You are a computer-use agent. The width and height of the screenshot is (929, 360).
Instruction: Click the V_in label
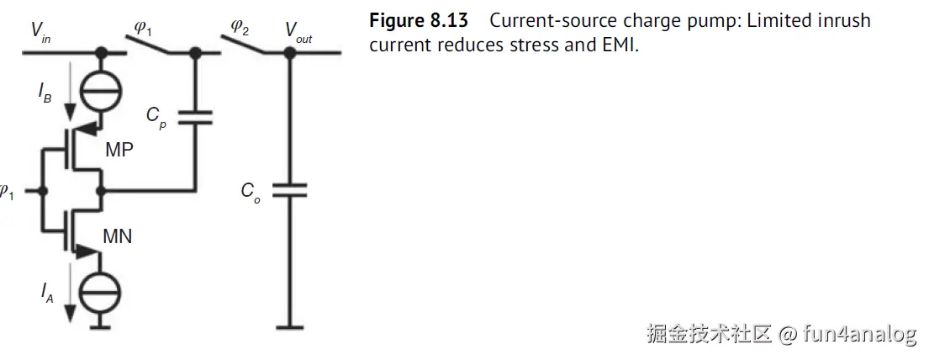tap(40, 31)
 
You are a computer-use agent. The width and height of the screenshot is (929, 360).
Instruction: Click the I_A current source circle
tap(103, 293)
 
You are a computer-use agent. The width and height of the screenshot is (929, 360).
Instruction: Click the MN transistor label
tap(118, 237)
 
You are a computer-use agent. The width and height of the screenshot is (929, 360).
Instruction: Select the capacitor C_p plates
tap(195, 117)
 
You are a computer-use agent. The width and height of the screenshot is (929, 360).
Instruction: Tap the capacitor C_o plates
tap(288, 192)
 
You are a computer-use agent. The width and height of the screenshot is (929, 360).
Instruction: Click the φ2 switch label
tap(240, 28)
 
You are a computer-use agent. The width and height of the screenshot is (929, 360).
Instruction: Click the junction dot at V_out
tap(288, 52)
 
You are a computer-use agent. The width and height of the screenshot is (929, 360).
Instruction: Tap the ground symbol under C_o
tap(288, 325)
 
